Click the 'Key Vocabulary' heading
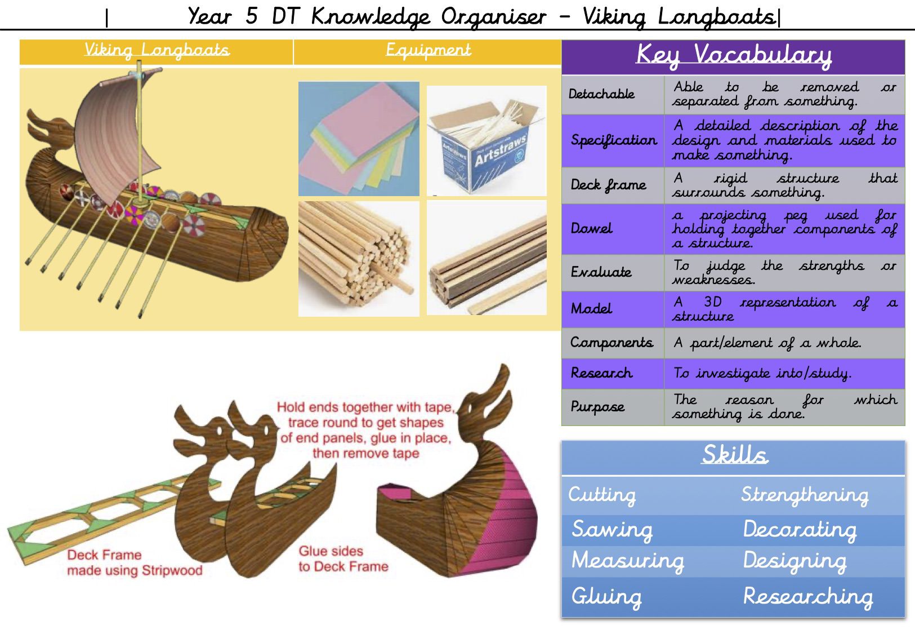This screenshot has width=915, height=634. [x=734, y=56]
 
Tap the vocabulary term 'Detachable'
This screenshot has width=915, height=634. [x=601, y=94]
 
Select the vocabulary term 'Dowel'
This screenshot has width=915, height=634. [x=591, y=228]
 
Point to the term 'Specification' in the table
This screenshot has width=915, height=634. [x=614, y=140]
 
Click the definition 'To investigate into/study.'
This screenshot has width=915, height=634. [x=762, y=374]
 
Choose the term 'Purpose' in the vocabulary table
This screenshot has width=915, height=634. [x=597, y=407]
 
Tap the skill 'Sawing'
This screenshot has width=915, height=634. [x=612, y=529]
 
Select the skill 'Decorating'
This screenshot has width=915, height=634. [x=800, y=529]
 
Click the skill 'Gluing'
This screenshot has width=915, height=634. [x=606, y=597]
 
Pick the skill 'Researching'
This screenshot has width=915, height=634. [x=808, y=597]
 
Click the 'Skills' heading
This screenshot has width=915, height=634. [x=735, y=455]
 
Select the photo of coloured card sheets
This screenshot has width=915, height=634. [x=359, y=139]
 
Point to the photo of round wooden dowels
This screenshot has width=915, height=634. [x=359, y=259]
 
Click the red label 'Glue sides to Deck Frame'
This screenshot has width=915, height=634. [x=343, y=559]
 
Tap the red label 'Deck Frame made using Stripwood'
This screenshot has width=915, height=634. [x=135, y=563]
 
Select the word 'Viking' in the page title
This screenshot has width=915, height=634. [x=614, y=17]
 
